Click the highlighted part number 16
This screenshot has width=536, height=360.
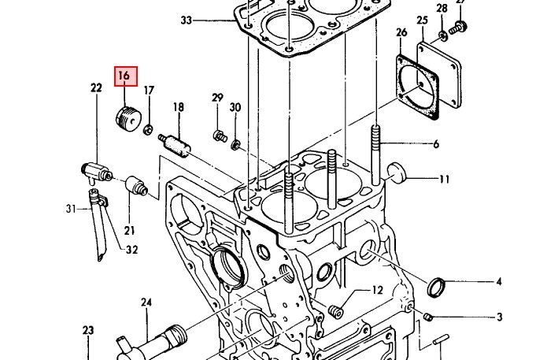point(125,76)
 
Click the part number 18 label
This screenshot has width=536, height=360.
point(179,107)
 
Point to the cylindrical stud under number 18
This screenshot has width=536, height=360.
point(176,146)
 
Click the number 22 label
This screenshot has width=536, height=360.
point(96,88)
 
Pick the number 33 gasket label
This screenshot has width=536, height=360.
point(186,20)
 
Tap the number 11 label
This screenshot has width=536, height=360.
point(445,180)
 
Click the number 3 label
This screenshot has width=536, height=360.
point(499,317)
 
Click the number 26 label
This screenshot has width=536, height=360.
point(402,32)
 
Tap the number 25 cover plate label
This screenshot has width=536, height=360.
point(423,20)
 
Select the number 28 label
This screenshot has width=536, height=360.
point(442,8)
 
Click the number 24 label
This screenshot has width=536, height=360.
point(146,302)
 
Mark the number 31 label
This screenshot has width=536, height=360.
point(69,209)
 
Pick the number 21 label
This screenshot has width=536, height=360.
point(129,231)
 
